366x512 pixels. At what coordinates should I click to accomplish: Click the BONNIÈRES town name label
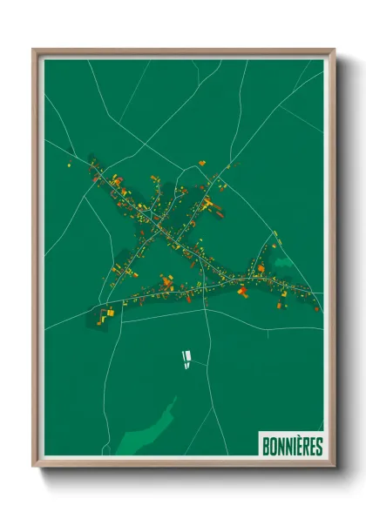pos(292,446)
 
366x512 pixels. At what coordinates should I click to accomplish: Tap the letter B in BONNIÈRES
pos(266,446)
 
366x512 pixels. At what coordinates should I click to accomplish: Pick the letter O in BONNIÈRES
pos(273,446)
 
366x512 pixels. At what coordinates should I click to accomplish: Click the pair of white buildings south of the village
pos(185,358)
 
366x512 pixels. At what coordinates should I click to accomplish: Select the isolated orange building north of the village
pos(202,163)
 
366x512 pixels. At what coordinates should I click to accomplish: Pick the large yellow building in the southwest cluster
pos(109,312)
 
